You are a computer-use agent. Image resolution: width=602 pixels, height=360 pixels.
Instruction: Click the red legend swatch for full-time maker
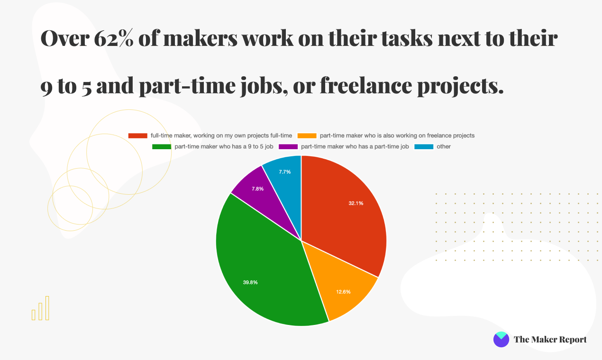click(x=137, y=135)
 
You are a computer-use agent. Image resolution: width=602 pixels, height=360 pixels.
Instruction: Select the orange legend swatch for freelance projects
click(x=307, y=135)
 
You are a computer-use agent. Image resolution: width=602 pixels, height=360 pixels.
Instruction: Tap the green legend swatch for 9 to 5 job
click(x=161, y=147)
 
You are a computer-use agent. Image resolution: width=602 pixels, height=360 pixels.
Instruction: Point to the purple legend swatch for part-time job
click(x=288, y=147)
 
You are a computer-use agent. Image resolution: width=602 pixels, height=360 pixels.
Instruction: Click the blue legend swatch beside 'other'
click(x=424, y=147)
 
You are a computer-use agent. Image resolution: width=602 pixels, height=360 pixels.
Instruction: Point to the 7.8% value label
click(x=258, y=189)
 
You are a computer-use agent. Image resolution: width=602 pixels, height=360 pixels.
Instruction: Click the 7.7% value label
click(x=284, y=172)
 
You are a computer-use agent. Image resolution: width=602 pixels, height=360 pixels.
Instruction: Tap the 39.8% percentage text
click(x=250, y=282)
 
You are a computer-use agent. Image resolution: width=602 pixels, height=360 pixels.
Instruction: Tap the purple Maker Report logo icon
click(x=501, y=339)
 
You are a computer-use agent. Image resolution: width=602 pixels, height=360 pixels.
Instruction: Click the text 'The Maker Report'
click(x=550, y=340)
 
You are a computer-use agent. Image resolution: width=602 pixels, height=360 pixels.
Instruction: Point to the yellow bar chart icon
click(x=40, y=308)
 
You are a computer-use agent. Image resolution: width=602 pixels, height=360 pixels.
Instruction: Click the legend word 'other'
click(x=444, y=147)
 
